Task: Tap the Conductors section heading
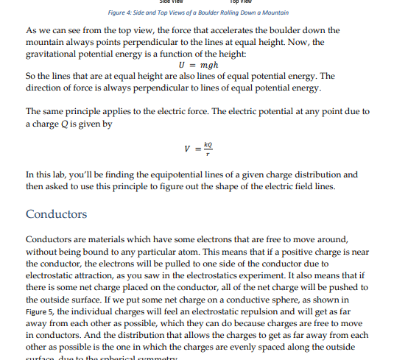tap(56, 214)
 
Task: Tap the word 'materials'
tap(104, 239)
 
